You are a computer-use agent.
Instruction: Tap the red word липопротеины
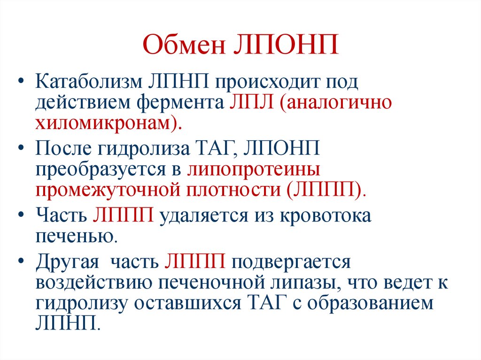[254, 170]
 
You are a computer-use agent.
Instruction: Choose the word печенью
[75, 236]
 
